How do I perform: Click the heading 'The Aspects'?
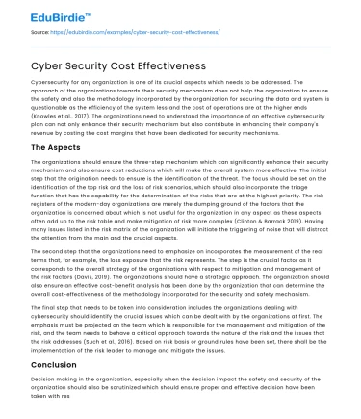[49, 147]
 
